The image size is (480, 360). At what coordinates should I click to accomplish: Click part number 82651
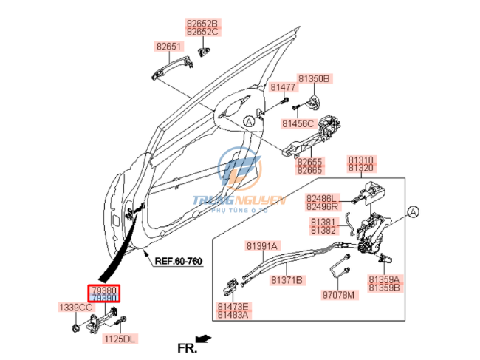pyautogui.click(x=168, y=47)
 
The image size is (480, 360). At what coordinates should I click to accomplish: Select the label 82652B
pyautogui.click(x=202, y=24)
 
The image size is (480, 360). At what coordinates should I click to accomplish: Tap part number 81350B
pyautogui.click(x=314, y=78)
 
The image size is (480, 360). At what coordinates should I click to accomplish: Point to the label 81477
pyautogui.click(x=282, y=87)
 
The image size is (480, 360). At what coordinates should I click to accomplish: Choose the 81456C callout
pyautogui.click(x=298, y=123)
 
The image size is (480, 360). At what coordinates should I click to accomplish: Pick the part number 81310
pyautogui.click(x=361, y=160)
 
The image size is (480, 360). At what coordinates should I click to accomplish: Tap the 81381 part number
pyautogui.click(x=323, y=221)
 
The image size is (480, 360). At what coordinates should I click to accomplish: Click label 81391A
pyautogui.click(x=262, y=246)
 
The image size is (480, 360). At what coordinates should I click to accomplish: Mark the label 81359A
pyautogui.click(x=384, y=279)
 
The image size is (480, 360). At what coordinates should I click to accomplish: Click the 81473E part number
pyautogui.click(x=233, y=306)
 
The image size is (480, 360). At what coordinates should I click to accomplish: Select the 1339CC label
pyautogui.click(x=75, y=307)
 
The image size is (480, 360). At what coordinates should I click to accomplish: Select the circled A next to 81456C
pyautogui.click(x=250, y=120)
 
